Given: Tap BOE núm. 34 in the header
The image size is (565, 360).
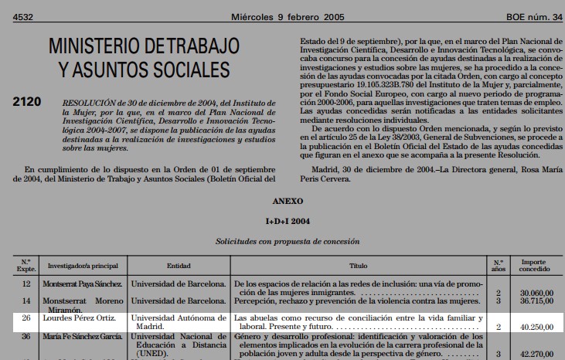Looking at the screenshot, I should coord(535,18).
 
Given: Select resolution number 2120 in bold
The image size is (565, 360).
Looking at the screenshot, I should coord(27,102).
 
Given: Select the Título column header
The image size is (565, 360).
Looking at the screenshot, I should coord(358,265).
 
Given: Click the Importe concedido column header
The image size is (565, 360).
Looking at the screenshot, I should coord(534,265).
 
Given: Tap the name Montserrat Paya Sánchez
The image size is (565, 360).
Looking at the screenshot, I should coord(82,284).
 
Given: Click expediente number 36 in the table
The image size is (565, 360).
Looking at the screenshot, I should coord(26,337).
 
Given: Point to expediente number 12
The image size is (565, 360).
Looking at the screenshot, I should coord(26,284).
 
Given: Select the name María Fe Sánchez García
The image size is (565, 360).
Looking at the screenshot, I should coord(83,337).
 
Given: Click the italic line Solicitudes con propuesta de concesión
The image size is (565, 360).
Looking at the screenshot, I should coord(287,241).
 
